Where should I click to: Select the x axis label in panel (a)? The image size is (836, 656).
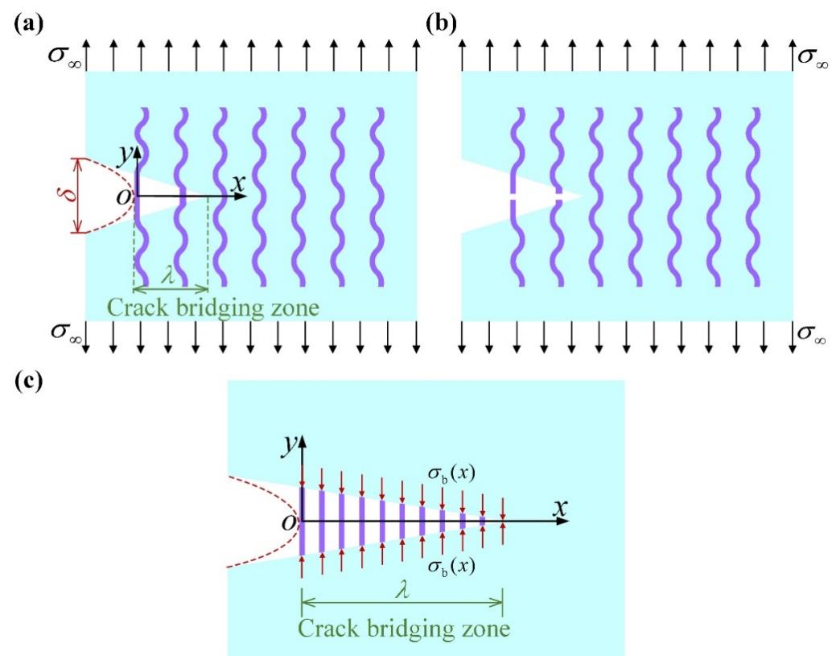[238, 184]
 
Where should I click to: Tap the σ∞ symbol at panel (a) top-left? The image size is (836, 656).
[64, 58]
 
